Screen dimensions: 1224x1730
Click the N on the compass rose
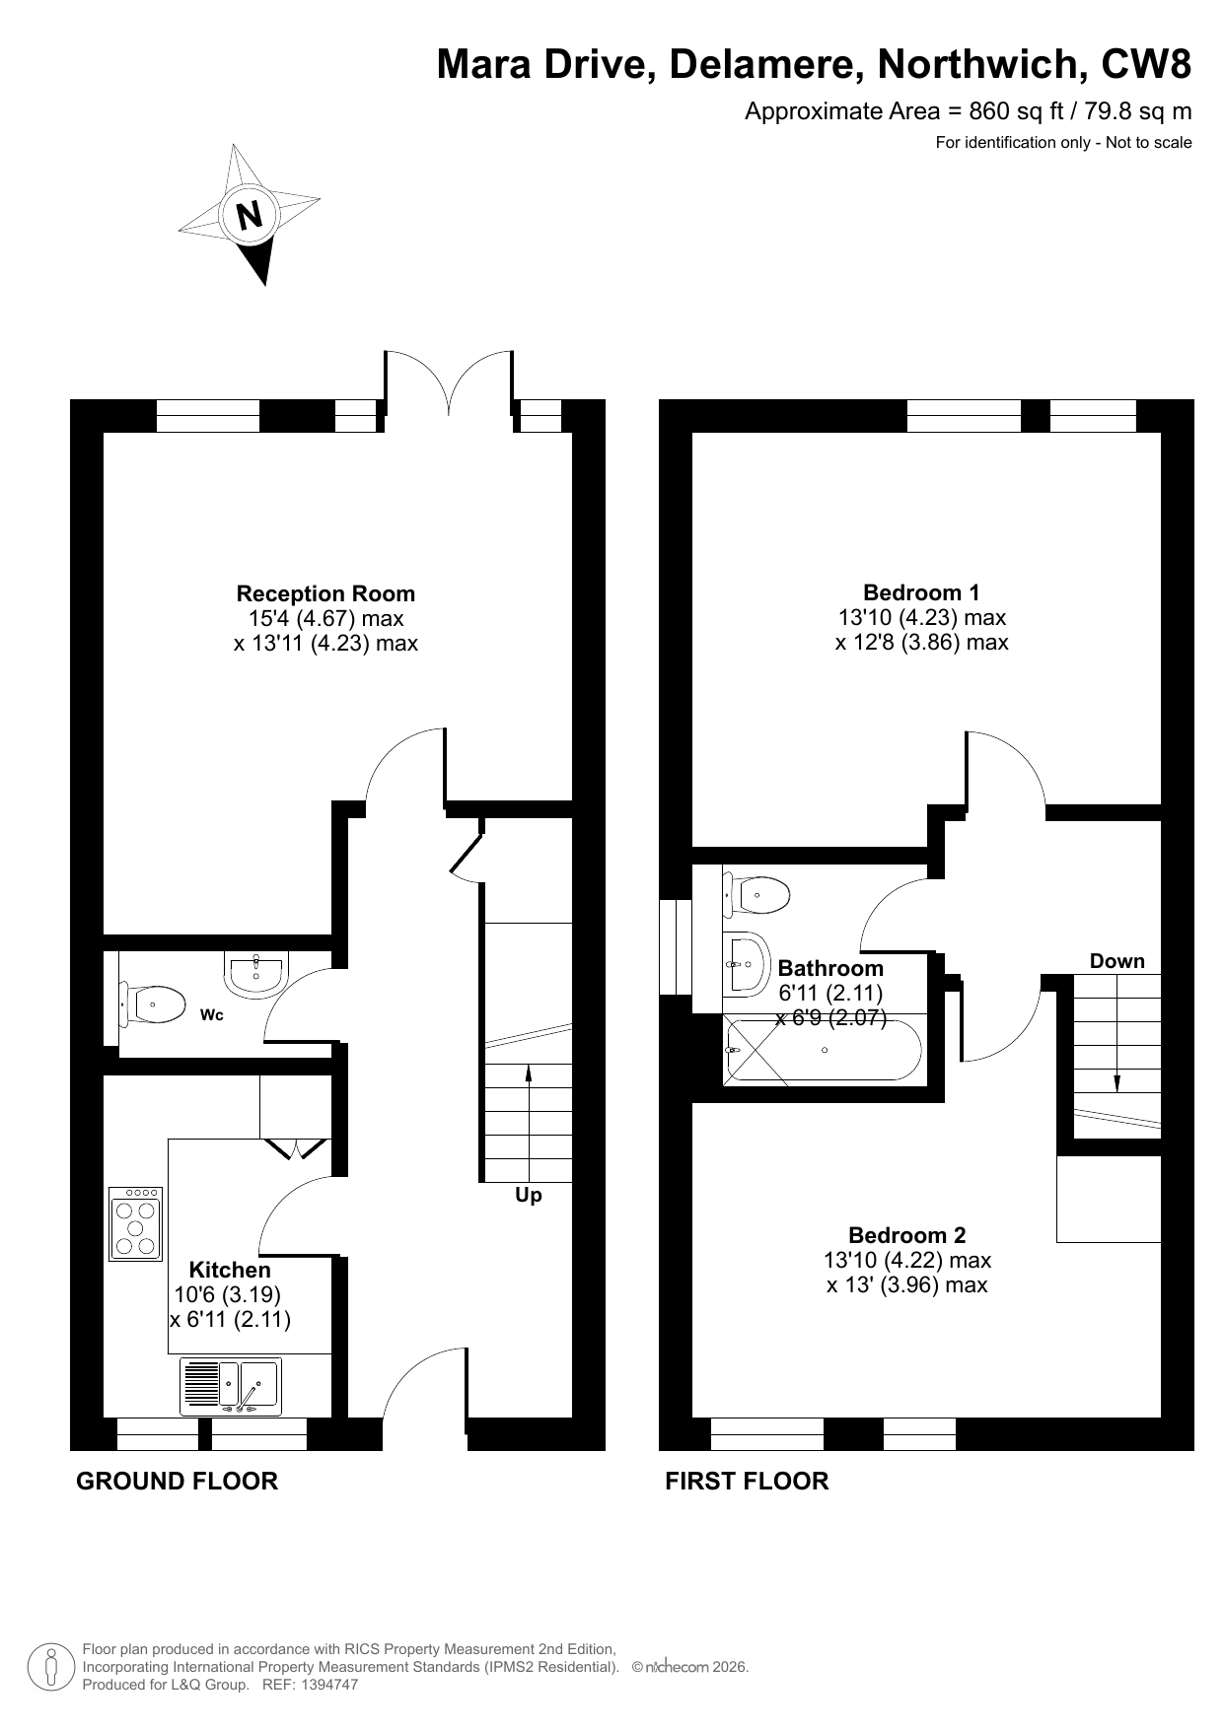coord(251,214)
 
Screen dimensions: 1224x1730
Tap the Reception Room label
coord(325,593)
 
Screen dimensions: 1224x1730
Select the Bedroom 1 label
coord(921,592)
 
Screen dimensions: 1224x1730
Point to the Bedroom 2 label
coord(907,1235)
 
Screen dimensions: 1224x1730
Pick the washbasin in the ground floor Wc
coord(255,974)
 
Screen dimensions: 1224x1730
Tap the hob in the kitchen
coord(136,1223)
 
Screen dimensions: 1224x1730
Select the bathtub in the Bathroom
coord(824,1050)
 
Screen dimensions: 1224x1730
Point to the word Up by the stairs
coord(529,1196)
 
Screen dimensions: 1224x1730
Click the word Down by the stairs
coord(1117,961)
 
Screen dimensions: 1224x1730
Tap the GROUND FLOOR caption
coord(178,1481)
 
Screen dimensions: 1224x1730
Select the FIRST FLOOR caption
coord(748,1481)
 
